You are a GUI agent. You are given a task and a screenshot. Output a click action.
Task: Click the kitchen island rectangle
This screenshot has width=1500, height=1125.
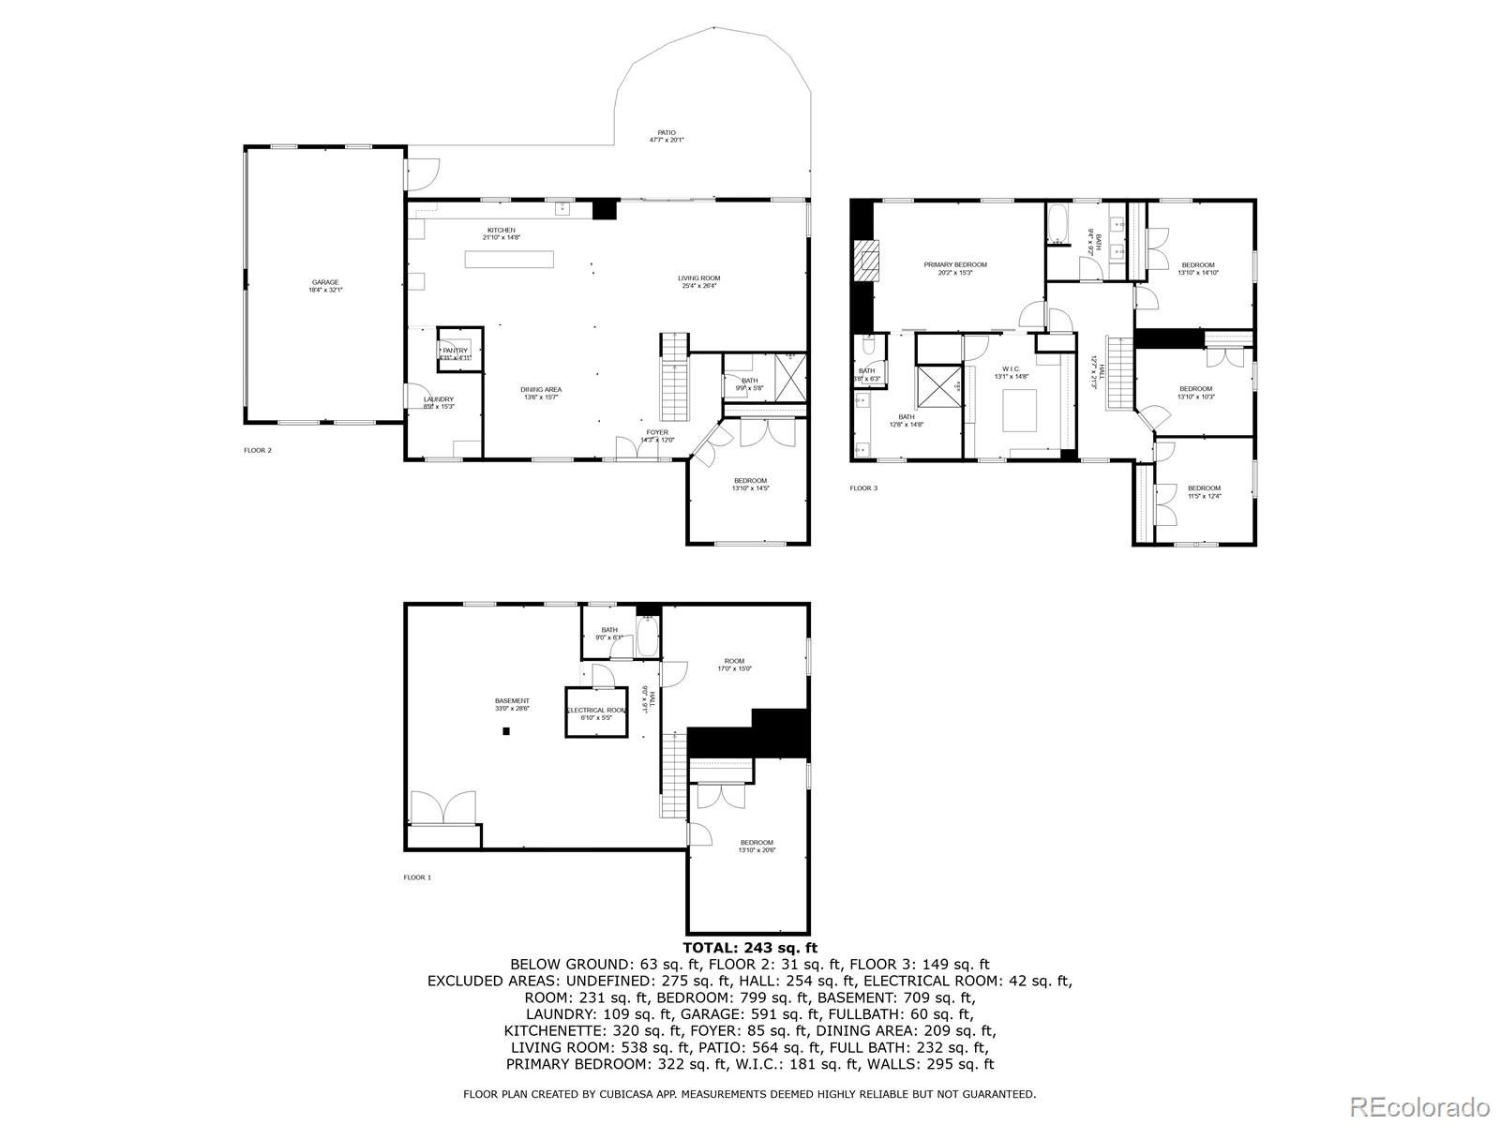pyautogui.click(x=510, y=260)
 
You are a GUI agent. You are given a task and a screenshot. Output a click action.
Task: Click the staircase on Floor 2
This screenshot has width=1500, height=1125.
pyautogui.click(x=675, y=377)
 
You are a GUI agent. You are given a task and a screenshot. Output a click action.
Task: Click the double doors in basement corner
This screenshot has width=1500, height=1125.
pyautogui.click(x=443, y=808)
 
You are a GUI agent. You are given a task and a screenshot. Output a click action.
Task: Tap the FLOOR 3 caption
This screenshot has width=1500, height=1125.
pyautogui.click(x=864, y=487)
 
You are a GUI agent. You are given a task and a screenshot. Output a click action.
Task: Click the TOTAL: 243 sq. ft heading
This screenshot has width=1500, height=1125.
pyautogui.click(x=749, y=949)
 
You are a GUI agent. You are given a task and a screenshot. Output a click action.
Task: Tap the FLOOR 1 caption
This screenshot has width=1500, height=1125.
pyautogui.click(x=417, y=877)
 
